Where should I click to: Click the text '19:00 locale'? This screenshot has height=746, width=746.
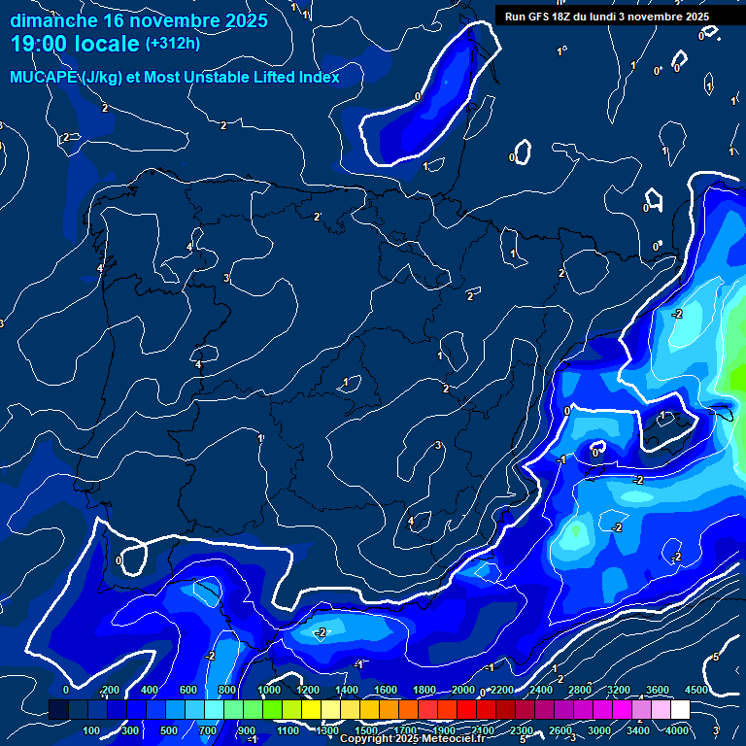75,44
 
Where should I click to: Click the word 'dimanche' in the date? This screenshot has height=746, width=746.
53,20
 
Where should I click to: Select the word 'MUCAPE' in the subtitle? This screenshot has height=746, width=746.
44,78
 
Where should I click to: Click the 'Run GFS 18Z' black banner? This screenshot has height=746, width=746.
606,16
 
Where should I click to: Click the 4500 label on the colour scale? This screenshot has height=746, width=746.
696,691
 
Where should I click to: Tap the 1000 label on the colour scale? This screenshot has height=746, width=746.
269,691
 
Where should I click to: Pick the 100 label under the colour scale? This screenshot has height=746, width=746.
92,730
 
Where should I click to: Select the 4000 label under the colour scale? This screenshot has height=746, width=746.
677,730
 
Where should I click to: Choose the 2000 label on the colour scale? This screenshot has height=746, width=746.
463,691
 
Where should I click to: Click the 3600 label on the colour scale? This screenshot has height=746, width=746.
658,691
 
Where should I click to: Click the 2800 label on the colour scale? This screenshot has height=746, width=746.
580,691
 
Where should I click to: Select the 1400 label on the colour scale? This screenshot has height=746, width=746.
347,691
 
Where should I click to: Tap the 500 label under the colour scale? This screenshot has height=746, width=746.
170,730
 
